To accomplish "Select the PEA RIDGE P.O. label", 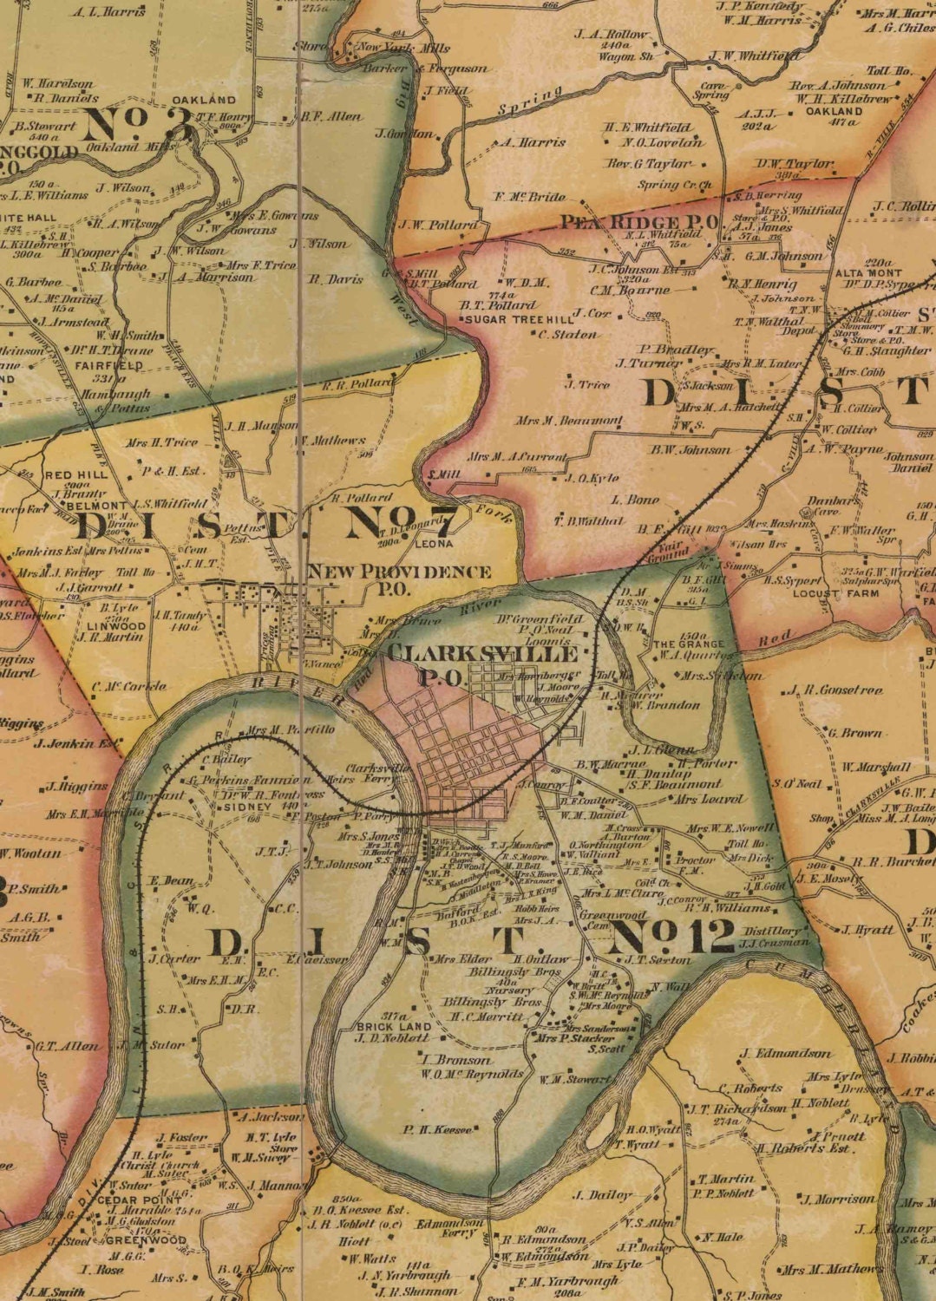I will (x=638, y=222).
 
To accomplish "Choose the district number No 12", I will (x=672, y=937).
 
